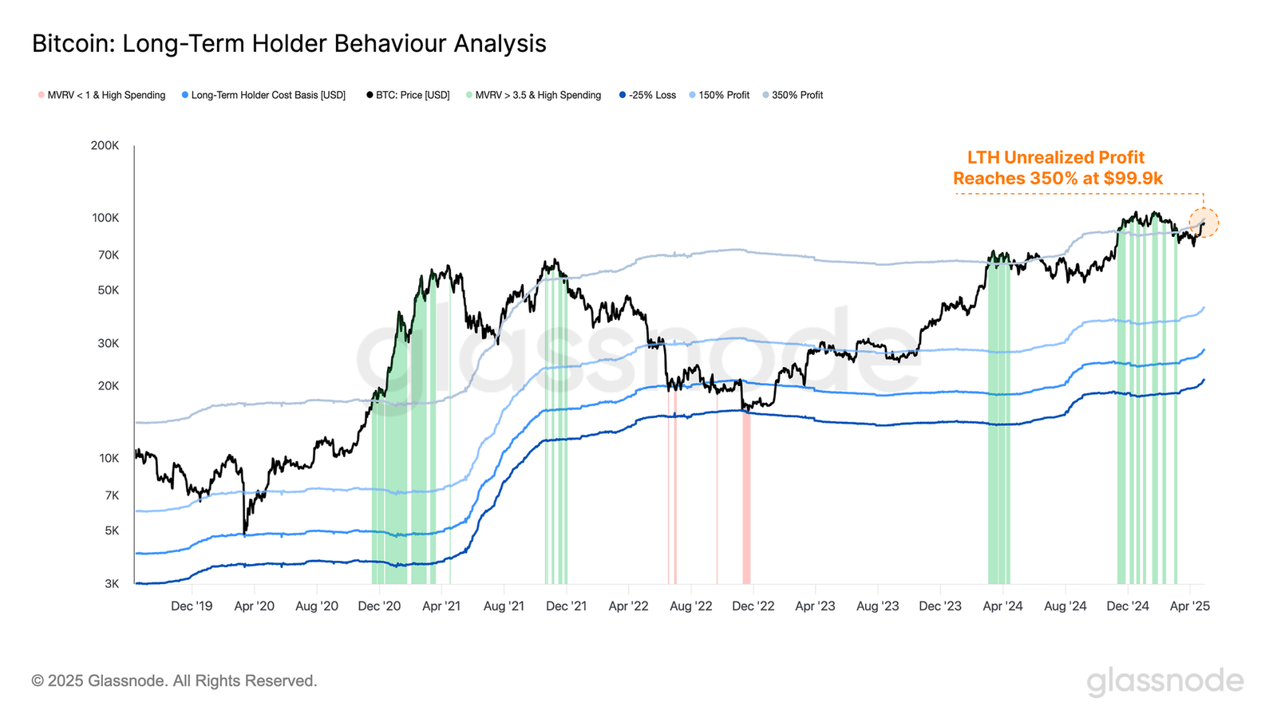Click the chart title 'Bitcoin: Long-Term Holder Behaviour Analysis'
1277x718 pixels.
click(x=289, y=43)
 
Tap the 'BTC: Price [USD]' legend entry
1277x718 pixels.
click(x=408, y=95)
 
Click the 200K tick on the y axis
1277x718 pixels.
click(x=105, y=145)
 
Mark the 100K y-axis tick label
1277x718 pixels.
click(x=105, y=218)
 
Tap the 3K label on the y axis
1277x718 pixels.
click(x=112, y=584)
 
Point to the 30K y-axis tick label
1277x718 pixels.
click(x=109, y=343)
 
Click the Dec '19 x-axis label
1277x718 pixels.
click(x=192, y=606)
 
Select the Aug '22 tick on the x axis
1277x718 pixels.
click(x=691, y=606)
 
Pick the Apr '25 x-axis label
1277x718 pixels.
click(x=1189, y=606)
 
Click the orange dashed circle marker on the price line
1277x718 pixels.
click(x=1204, y=223)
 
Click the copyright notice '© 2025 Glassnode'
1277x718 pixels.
click(x=174, y=681)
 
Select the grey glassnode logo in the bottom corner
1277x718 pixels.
click(x=1165, y=681)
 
